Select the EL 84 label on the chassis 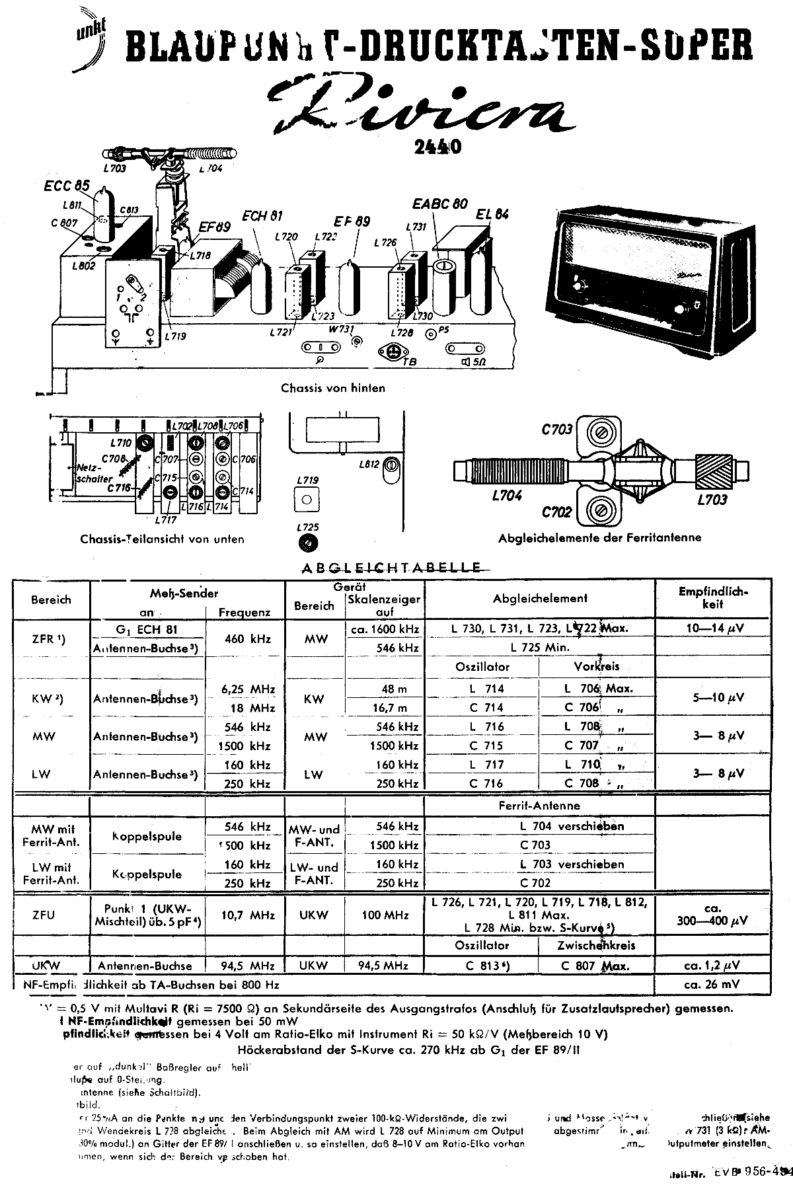click(493, 215)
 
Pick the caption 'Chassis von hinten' click(333, 388)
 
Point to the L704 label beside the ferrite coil click(507, 496)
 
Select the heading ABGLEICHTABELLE click(391, 567)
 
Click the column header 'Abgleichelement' click(540, 599)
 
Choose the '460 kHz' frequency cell click(245, 638)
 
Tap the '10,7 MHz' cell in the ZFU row click(245, 915)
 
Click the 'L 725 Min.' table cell click(540, 648)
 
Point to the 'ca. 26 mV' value click(713, 984)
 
